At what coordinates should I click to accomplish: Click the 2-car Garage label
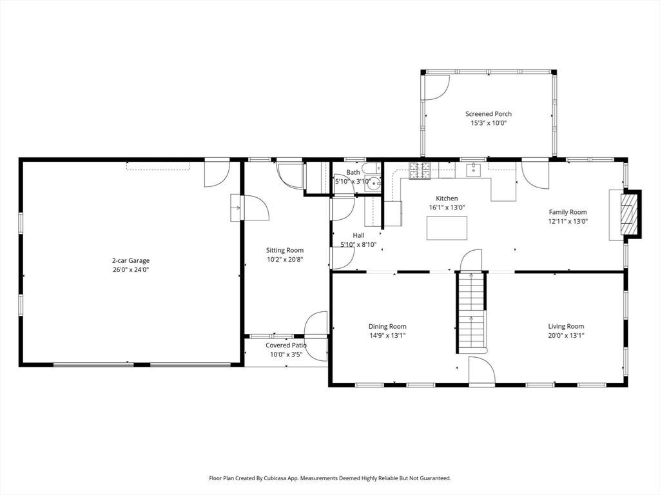130,260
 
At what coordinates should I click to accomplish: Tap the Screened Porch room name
489,113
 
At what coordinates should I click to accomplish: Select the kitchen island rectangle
447,228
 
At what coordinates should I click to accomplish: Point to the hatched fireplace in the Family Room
630,213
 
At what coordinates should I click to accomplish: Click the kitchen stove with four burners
420,170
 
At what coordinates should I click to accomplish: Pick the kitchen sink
474,170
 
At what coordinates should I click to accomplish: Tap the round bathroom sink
373,184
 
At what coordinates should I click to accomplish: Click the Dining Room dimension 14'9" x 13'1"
387,335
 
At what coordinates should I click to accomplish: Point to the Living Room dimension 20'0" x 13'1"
566,335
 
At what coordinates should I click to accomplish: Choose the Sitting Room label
284,250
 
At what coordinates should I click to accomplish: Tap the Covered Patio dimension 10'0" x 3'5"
286,354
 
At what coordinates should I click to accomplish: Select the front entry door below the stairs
482,371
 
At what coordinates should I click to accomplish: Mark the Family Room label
568,212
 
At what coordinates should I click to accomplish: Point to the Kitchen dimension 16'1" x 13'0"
447,208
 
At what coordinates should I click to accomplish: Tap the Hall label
358,235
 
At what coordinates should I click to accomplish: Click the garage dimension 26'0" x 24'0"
130,270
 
